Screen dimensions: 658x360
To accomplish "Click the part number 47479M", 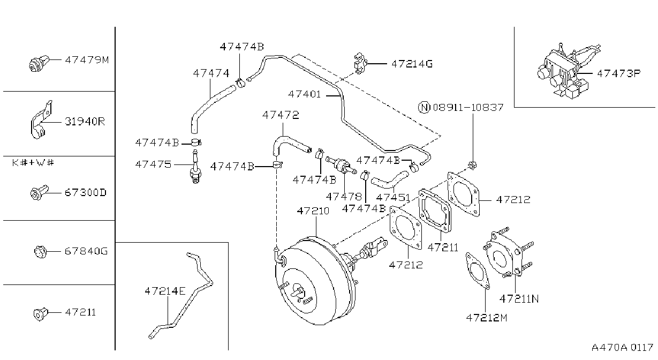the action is click(x=87, y=60).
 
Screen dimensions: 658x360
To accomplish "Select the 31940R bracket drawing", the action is click(x=41, y=120).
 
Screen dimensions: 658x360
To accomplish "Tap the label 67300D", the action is click(x=86, y=192).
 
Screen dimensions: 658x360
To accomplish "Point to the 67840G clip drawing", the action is click(x=41, y=252).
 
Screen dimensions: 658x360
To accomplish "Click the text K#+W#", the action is click(x=33, y=162).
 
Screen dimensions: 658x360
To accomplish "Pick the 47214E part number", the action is click(x=165, y=291).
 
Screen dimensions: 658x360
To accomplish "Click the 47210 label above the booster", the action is click(x=313, y=211).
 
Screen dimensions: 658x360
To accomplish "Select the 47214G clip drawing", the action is click(x=360, y=63).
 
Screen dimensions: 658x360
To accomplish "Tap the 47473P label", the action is click(x=618, y=73).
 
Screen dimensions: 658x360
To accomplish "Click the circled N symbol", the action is click(x=424, y=107).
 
